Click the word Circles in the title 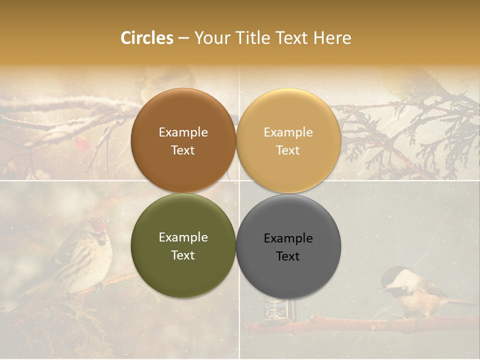coord(147,38)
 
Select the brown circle coord(183,140)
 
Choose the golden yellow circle coord(288,140)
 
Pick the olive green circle coord(183,246)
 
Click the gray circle coord(288,246)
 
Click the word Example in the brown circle coord(183,132)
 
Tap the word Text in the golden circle coord(288,150)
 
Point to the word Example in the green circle coord(183,237)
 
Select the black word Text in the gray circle coord(288,256)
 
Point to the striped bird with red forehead coord(85,255)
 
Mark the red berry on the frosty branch coord(80,144)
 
